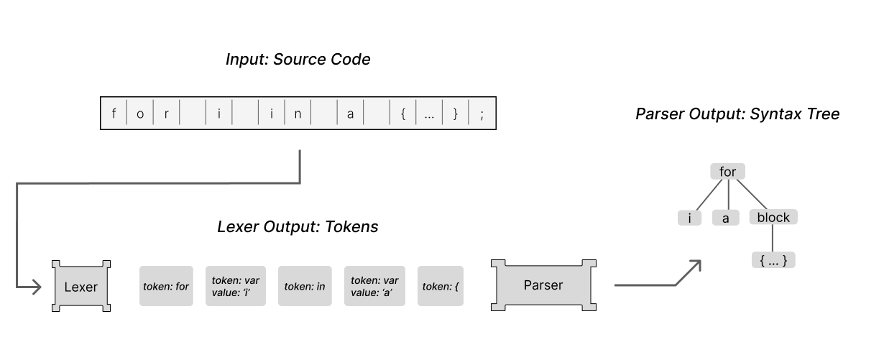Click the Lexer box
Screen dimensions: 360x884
tap(81, 286)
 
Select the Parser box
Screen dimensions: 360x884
tap(543, 285)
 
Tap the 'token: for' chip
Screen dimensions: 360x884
tap(166, 286)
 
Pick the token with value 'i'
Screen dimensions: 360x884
tap(236, 286)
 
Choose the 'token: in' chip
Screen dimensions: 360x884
tap(305, 286)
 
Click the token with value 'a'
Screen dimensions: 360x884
tap(374, 286)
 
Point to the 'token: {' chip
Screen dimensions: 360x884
tap(441, 286)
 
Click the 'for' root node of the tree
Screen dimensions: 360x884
tap(727, 172)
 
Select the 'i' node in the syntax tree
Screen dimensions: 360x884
tap(689, 218)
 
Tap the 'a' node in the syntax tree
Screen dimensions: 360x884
tap(726, 218)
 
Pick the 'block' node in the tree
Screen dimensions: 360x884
tap(773, 217)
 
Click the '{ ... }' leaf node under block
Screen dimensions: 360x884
tap(773, 260)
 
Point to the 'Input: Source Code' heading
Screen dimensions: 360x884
tap(298, 60)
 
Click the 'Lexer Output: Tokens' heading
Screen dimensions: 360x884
tap(298, 227)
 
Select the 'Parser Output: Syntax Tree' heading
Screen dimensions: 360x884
tap(737, 114)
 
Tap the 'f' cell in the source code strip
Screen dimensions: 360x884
tap(114, 114)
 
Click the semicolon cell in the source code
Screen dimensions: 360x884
tap(482, 114)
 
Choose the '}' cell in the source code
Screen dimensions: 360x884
tap(455, 114)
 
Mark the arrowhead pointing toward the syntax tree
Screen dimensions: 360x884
tap(694, 265)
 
